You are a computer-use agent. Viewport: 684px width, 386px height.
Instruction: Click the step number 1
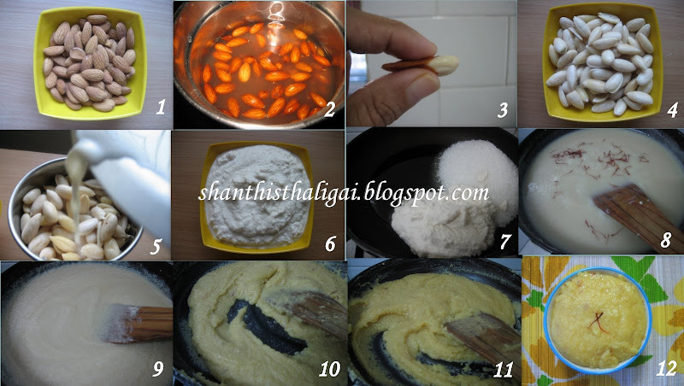[x=161, y=107]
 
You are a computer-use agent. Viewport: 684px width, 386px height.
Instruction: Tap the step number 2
[x=329, y=110]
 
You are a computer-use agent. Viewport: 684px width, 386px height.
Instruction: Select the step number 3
[x=503, y=110]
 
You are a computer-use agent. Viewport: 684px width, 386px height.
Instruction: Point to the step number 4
[x=672, y=110]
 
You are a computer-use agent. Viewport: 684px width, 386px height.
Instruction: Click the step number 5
[x=156, y=246]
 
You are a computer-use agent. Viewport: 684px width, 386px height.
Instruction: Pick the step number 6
[x=330, y=244]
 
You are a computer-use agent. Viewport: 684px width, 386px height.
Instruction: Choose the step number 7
[x=505, y=241]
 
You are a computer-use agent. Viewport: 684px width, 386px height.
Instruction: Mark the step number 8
[x=665, y=240]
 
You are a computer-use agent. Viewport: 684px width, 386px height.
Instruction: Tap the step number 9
[x=157, y=369]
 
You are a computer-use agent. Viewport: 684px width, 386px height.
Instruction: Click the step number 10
[x=329, y=370]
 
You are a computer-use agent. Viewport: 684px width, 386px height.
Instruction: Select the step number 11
[x=503, y=370]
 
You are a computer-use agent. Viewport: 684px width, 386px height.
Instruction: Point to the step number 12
[x=666, y=369]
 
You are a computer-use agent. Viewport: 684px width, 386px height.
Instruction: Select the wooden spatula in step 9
[x=138, y=324]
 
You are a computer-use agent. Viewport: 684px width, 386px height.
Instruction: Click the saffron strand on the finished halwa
[x=597, y=321]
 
